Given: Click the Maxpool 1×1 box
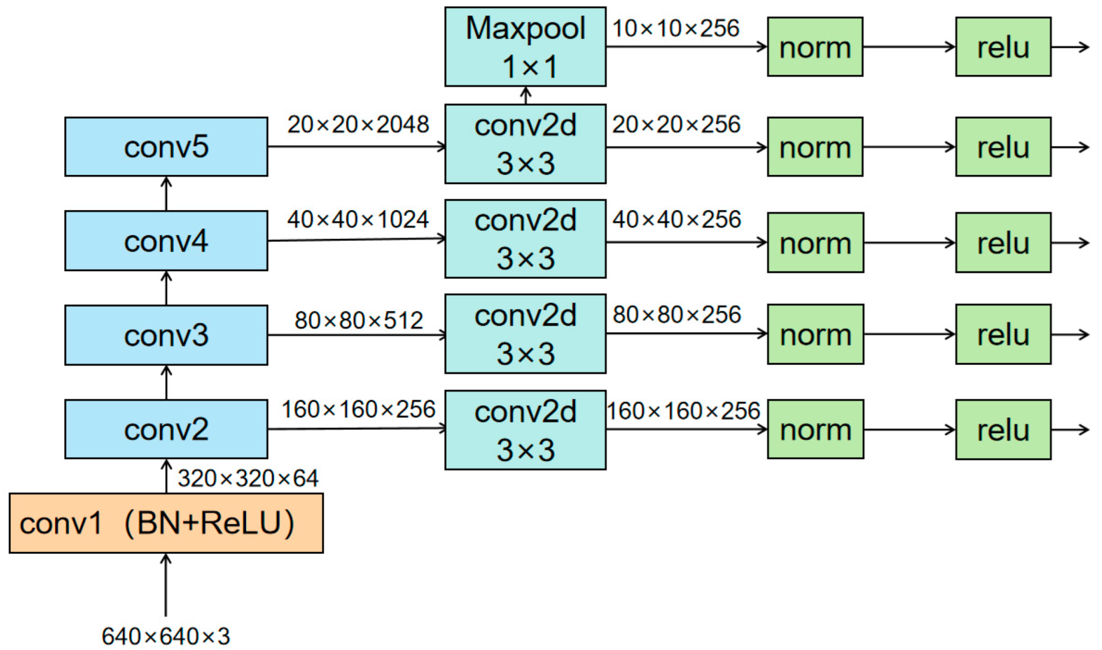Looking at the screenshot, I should click(525, 47).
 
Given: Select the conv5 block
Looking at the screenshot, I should click(166, 147).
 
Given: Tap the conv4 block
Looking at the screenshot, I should click(166, 241).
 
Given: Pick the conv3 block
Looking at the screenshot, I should click(166, 335).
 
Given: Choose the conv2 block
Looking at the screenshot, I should click(166, 429).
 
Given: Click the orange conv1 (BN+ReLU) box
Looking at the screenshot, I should click(166, 523).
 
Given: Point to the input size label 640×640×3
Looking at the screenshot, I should click(166, 636).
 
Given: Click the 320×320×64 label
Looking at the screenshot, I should click(248, 478).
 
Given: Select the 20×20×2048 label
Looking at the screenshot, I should click(358, 125).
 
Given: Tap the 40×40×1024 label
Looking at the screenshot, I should click(358, 220).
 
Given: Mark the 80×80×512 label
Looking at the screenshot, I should click(358, 321).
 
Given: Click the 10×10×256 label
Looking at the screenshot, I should click(676, 29).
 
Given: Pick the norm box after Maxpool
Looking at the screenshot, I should click(815, 47).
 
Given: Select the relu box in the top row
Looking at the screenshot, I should click(1003, 47).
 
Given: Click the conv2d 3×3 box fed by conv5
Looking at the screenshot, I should click(525, 144).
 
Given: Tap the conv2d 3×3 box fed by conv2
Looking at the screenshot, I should click(525, 430).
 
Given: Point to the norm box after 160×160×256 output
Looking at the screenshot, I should click(815, 429).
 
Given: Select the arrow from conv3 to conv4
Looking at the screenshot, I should click(167, 288).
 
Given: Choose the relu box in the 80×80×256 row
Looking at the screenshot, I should click(1003, 334).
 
